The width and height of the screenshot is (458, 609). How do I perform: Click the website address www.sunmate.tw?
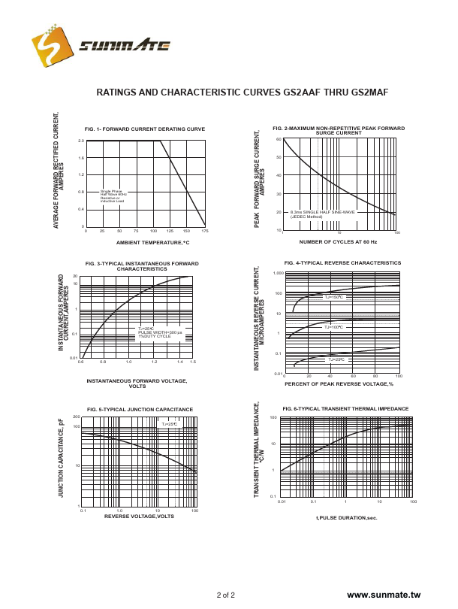pyautogui.click(x=385, y=595)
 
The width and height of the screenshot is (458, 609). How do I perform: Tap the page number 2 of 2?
pyautogui.click(x=225, y=595)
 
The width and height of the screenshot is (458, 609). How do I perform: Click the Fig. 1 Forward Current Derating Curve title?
pyautogui.click(x=145, y=129)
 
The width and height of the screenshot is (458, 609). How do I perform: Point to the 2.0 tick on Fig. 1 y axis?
pyautogui.click(x=81, y=141)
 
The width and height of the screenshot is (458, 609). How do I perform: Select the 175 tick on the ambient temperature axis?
pyautogui.click(x=204, y=231)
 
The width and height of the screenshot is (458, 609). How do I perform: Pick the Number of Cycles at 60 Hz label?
pyautogui.click(x=338, y=242)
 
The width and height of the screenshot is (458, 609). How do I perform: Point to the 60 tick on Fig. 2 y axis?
pyautogui.click(x=278, y=140)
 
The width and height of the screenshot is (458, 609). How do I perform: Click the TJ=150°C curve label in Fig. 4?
pyautogui.click(x=333, y=297)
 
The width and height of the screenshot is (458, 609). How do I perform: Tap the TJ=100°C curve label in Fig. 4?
pyautogui.click(x=333, y=327)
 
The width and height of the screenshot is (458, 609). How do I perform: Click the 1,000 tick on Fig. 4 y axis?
pyautogui.click(x=277, y=273)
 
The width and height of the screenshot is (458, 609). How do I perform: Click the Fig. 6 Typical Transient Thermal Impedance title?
pyautogui.click(x=345, y=408)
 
